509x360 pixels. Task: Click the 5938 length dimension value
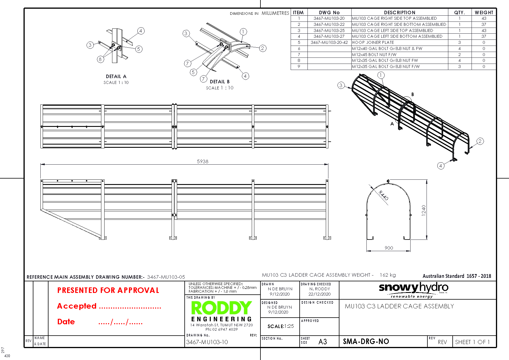[203, 161]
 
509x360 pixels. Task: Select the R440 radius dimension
[384, 195]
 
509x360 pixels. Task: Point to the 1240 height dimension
[424, 210]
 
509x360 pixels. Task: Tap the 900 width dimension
[389, 248]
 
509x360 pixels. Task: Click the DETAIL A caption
[116, 77]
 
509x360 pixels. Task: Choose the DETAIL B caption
[220, 82]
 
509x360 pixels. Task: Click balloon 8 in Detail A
[100, 59]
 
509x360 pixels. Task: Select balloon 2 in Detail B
[262, 48]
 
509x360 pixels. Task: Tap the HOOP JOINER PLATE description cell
[373, 42]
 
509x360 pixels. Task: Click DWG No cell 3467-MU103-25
[329, 30]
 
